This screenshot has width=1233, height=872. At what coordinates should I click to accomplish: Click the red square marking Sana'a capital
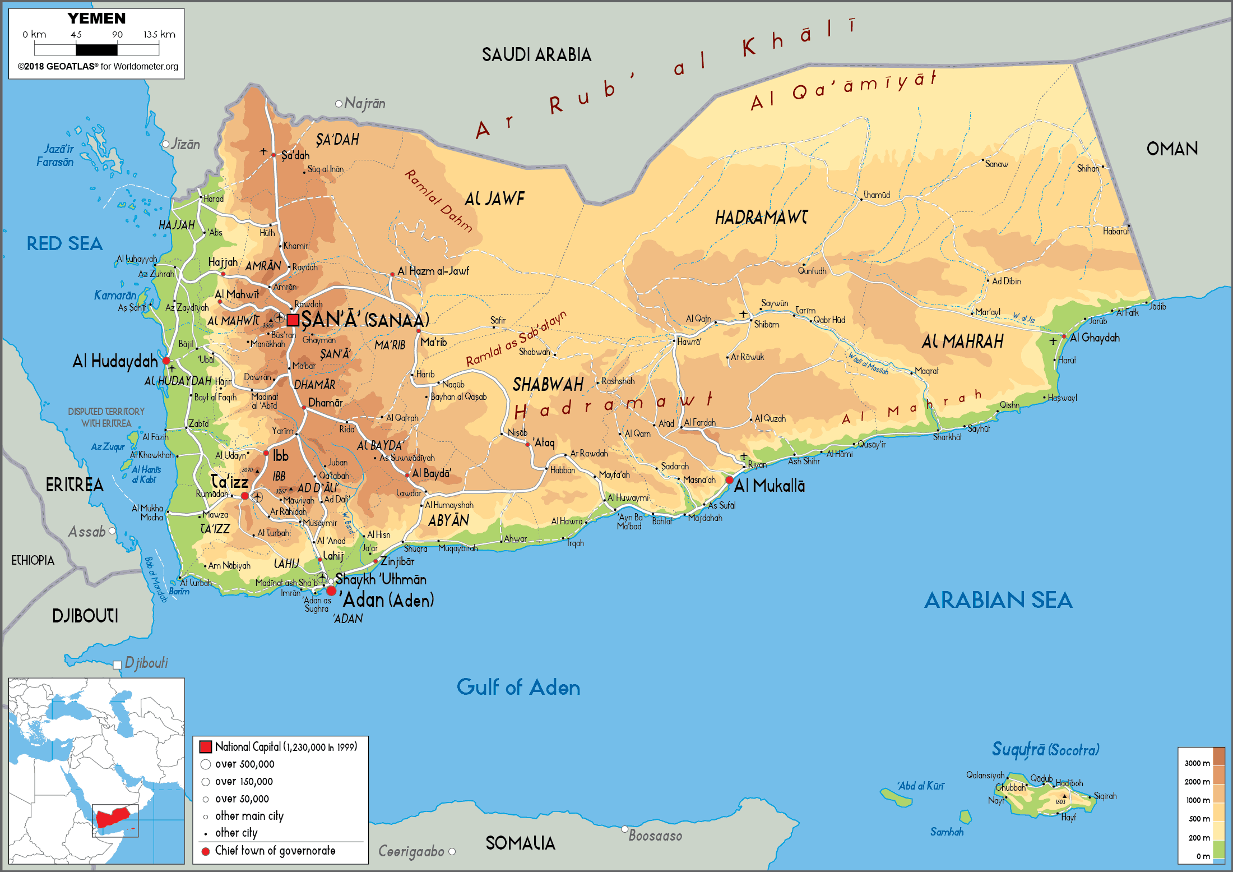(293, 320)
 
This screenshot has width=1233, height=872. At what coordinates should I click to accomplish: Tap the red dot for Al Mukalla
(729, 480)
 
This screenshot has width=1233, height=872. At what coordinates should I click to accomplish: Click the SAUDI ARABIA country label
(536, 55)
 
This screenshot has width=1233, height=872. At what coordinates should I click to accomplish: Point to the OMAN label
(1172, 149)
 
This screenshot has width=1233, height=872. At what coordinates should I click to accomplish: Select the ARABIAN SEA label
(998, 601)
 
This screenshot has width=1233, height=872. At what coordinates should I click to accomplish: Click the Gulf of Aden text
(518, 688)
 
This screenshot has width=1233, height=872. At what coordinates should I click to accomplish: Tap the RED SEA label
(64, 243)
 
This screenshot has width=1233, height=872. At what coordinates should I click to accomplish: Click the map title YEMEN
(96, 19)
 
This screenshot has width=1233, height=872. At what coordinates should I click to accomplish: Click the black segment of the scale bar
(96, 50)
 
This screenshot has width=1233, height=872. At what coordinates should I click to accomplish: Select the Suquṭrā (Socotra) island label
(1045, 750)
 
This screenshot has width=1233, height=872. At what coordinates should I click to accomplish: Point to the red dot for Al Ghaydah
(1064, 336)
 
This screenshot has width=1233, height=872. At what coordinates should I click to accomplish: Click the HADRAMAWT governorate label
(761, 218)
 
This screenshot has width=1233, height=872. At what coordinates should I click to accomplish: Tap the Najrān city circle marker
(339, 104)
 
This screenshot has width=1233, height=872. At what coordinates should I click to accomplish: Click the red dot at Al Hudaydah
(166, 361)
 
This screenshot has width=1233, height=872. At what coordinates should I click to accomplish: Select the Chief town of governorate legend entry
(275, 851)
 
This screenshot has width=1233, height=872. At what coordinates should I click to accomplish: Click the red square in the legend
(206, 746)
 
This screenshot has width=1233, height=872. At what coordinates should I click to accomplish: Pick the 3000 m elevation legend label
(1197, 763)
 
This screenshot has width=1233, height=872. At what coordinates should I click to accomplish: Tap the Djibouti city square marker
(117, 665)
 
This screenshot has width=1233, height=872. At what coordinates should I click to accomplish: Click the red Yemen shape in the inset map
(114, 816)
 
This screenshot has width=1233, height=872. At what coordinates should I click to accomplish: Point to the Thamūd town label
(877, 195)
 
